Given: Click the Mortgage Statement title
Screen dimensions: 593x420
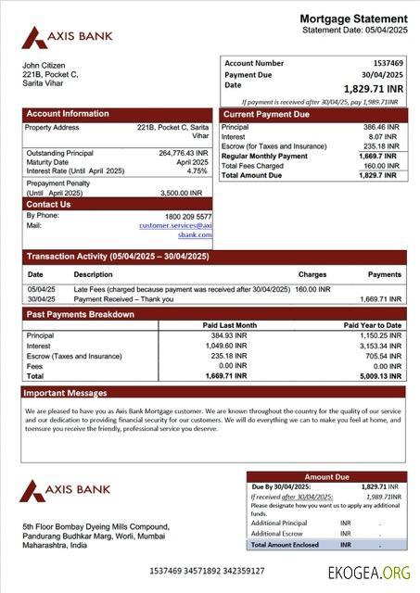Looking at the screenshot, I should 352,19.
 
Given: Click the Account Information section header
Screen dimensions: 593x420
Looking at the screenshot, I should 67,114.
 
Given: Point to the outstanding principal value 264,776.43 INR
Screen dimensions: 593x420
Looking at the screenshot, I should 183,153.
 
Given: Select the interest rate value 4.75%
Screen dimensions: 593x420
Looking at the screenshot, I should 197,171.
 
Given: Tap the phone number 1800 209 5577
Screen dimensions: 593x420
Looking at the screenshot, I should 187,216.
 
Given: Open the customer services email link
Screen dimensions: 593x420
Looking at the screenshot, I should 176,225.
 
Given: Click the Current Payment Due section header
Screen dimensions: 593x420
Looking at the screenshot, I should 266,114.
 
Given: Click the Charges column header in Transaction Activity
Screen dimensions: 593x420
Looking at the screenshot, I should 312,274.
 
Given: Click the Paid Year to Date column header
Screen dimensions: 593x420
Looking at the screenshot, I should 372,325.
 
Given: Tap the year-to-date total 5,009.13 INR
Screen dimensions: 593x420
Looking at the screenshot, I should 379,376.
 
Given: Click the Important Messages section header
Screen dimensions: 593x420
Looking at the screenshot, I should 66,393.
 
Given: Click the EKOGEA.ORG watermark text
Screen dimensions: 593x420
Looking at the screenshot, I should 368,573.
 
